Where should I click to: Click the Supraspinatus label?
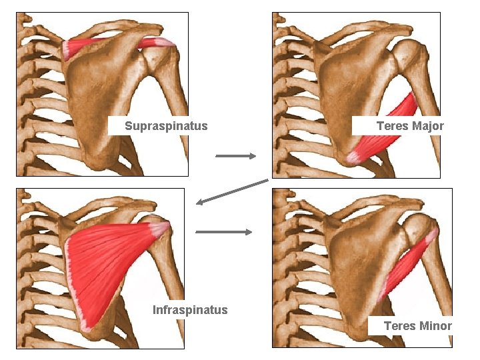[166, 126]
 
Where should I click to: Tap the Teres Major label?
[409, 126]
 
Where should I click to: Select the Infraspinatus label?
[190, 310]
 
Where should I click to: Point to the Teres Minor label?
[417, 326]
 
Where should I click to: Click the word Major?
[428, 126]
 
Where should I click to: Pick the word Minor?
[436, 326]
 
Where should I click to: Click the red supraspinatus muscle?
[100, 45]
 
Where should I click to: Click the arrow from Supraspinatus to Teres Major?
[236, 156]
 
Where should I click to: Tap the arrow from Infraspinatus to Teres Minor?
[224, 232]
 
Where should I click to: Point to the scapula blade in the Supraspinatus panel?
[100, 100]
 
